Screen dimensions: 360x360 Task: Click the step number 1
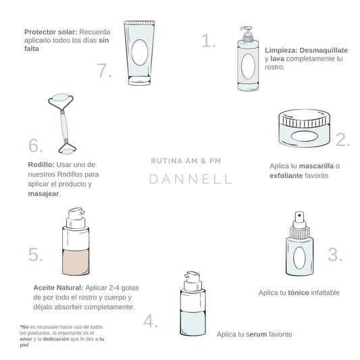point(209,41)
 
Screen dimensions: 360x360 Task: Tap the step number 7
point(105,70)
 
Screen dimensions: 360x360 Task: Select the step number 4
point(151,321)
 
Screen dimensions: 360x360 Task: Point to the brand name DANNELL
point(190,179)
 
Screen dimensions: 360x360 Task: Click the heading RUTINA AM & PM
point(186,161)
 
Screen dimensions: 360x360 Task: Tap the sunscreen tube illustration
point(139,53)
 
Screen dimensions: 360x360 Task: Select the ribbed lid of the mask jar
point(305,118)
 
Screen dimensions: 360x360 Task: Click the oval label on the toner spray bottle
point(300,258)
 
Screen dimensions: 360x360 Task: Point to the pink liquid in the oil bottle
point(76,262)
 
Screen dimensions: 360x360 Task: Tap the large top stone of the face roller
point(61,97)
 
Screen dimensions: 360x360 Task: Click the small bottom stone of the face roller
point(67,151)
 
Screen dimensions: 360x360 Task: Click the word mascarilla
point(316,165)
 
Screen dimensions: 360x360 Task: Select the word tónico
point(299,292)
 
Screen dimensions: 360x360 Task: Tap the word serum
point(256,334)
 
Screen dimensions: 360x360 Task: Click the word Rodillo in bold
point(41,165)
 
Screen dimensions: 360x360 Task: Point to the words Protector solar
point(51,32)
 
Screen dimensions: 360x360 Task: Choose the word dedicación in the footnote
point(56,339)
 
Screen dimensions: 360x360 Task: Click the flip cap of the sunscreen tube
point(139,80)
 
